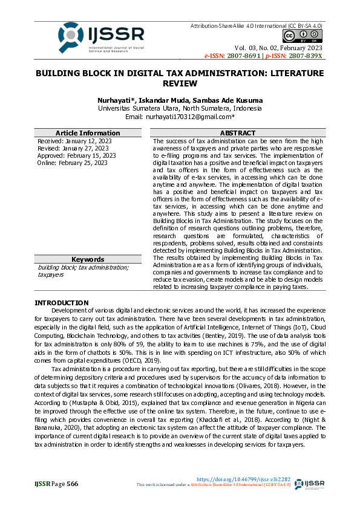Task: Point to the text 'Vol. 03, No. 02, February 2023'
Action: point(278,47)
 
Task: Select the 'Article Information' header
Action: point(87,133)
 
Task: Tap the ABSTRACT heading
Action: point(237,133)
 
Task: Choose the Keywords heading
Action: point(87,259)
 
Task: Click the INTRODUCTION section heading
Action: point(61,303)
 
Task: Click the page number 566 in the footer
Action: point(73,484)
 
